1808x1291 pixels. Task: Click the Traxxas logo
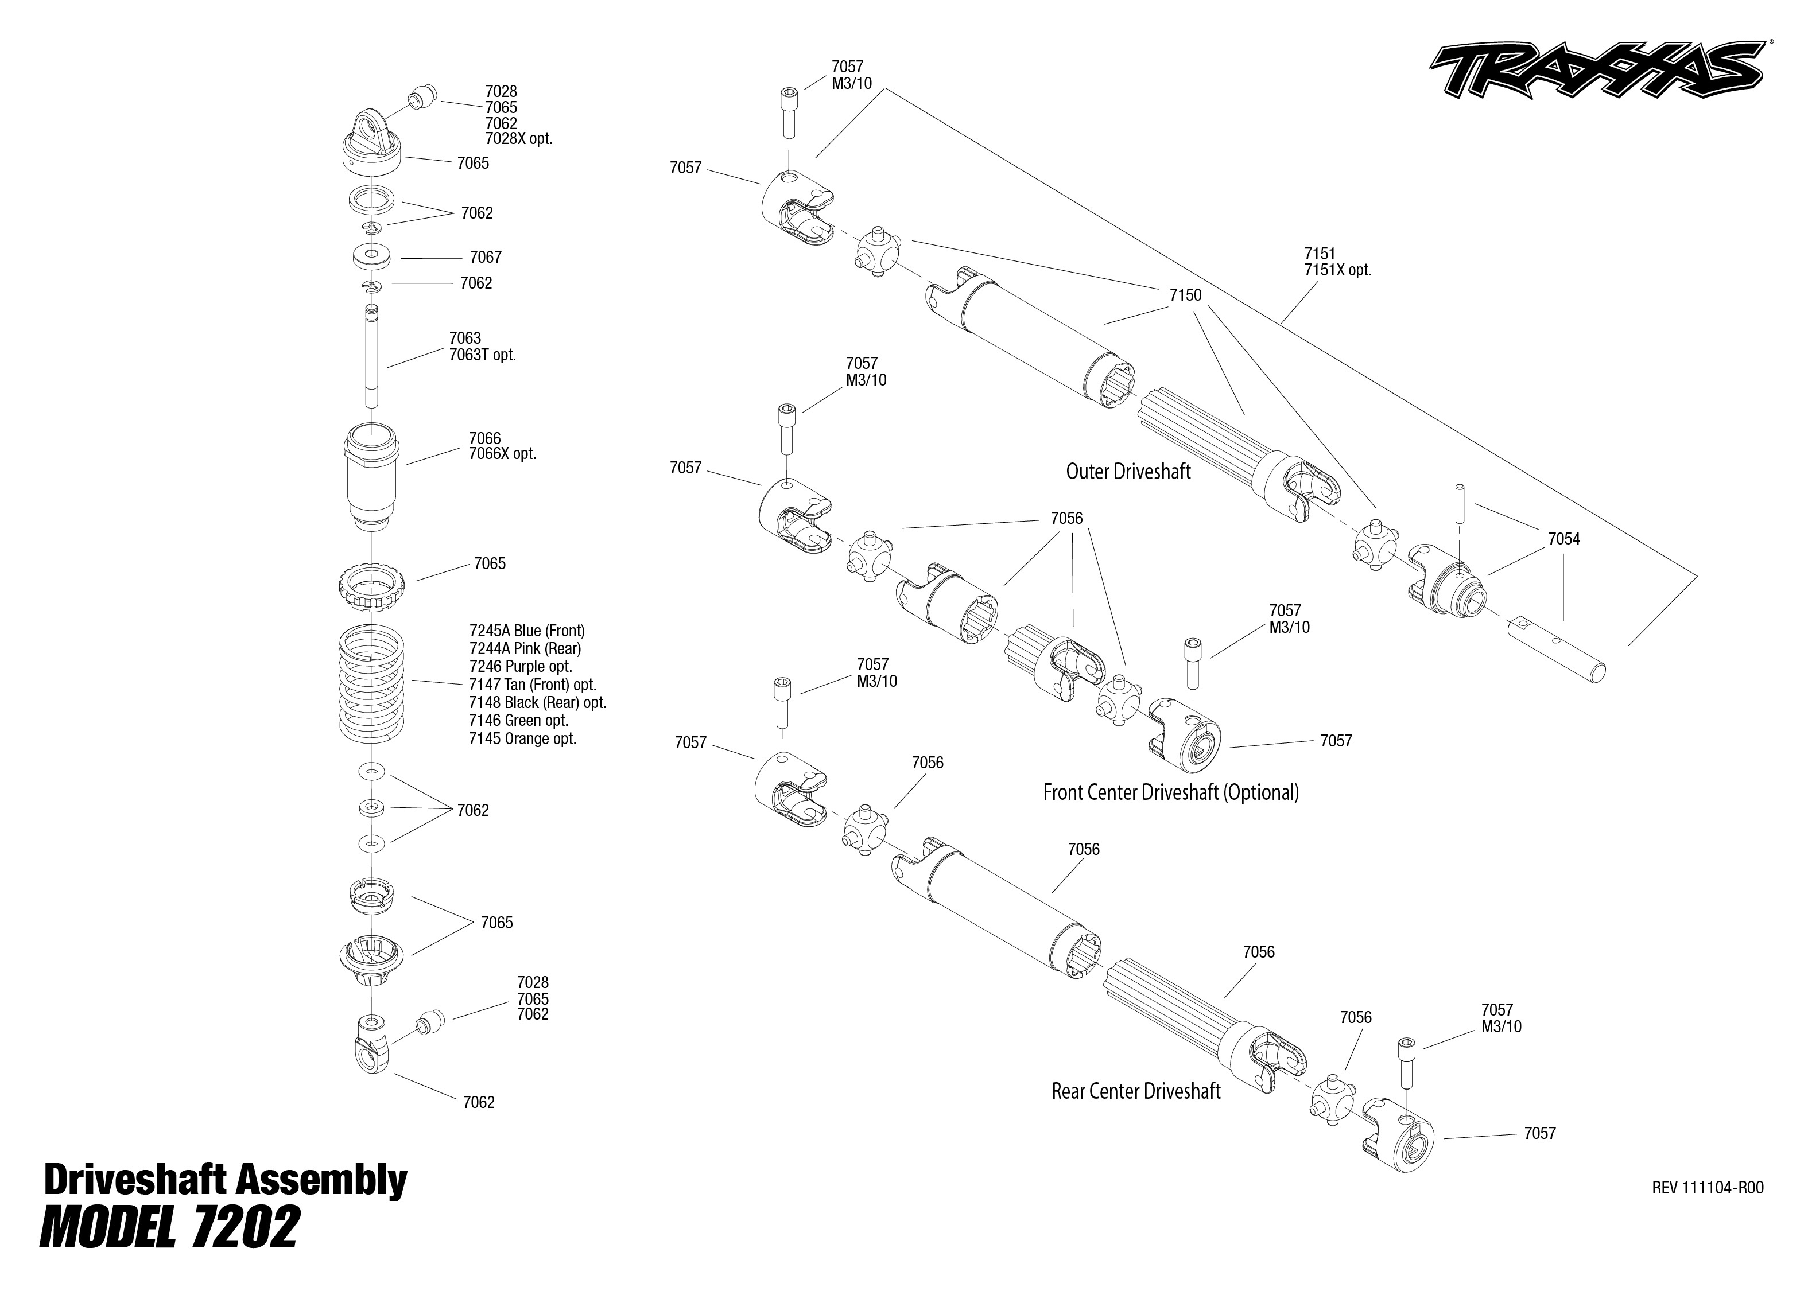1598,80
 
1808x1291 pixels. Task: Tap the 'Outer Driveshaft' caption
1127,472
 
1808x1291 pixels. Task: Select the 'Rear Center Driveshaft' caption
1135,1091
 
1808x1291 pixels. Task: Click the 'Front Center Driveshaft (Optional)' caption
1170,792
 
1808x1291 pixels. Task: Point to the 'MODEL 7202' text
169,1228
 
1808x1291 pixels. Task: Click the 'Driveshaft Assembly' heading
225,1180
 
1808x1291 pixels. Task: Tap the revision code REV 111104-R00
1707,1188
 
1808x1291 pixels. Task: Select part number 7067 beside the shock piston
485,257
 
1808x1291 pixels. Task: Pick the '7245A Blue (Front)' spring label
526,631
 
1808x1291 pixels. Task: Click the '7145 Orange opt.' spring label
522,738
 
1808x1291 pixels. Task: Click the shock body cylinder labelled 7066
371,477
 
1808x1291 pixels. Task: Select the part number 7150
1185,295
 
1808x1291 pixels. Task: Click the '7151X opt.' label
1337,270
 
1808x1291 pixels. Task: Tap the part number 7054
1563,539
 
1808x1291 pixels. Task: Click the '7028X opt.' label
518,138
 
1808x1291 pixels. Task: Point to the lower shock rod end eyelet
371,1044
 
